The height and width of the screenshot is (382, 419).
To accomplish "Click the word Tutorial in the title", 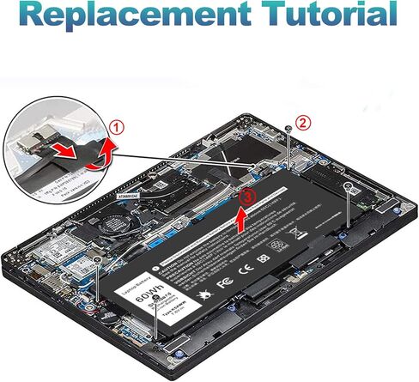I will tap(330, 15).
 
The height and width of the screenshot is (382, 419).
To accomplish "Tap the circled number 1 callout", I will tap(117, 126).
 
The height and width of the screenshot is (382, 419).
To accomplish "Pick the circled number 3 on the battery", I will tap(247, 196).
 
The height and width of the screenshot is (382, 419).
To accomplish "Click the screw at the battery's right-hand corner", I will tap(346, 186).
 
